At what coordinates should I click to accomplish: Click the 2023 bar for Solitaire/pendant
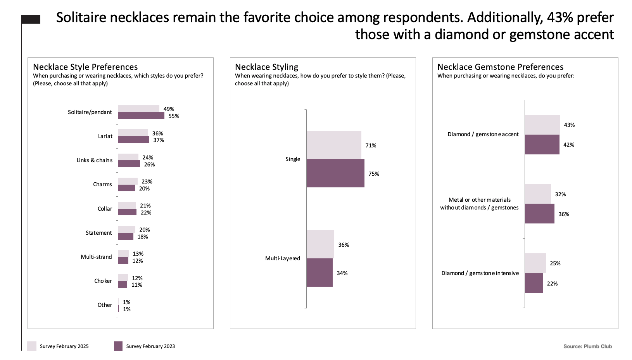click(141, 116)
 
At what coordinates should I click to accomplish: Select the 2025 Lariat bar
click(133, 133)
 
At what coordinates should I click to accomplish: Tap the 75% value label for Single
click(374, 174)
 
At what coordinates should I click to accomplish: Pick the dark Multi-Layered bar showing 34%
click(319, 273)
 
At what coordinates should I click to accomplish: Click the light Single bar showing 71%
click(334, 145)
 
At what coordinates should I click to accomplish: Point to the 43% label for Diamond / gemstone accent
click(569, 125)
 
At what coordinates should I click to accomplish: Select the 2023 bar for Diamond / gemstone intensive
click(534, 283)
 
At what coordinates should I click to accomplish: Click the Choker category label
click(103, 281)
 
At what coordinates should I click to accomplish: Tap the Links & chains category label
click(95, 160)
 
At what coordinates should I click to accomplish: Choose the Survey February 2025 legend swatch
click(32, 346)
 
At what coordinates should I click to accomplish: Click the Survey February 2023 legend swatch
click(118, 346)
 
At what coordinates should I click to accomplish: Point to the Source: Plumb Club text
click(587, 346)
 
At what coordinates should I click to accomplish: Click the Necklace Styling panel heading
click(267, 67)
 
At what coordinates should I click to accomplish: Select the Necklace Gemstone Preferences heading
click(500, 67)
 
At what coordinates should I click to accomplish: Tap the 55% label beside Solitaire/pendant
click(174, 116)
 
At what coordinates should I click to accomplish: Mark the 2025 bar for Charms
click(128, 181)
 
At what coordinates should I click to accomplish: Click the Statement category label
click(99, 233)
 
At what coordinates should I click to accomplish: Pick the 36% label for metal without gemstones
click(564, 214)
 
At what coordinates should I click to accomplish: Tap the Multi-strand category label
click(96, 257)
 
